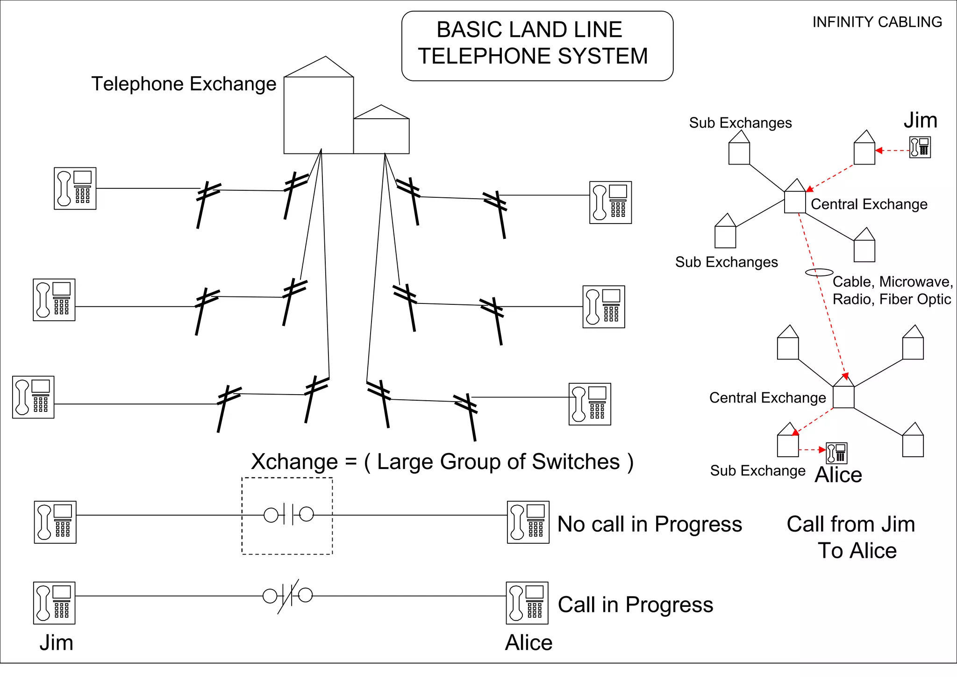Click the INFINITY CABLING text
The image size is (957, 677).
pos(877,22)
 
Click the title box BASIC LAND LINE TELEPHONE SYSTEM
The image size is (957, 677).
pos(537,46)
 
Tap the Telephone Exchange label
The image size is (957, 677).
pos(184,84)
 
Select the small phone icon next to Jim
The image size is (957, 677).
pos(920,147)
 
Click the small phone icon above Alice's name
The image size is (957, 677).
pos(836,453)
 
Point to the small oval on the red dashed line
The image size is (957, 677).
pos(819,272)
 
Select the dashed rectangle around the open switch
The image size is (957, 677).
pos(287,516)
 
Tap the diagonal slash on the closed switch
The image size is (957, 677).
pos(288,597)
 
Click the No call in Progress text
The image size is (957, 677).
pos(649,524)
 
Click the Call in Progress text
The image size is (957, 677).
pos(635,605)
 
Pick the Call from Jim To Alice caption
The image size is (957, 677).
pos(851,537)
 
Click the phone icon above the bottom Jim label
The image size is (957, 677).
pos(54,603)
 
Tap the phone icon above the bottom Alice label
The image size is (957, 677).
pos(527,603)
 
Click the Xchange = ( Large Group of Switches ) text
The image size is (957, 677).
pos(442,462)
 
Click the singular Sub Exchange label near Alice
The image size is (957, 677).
pos(757,470)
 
